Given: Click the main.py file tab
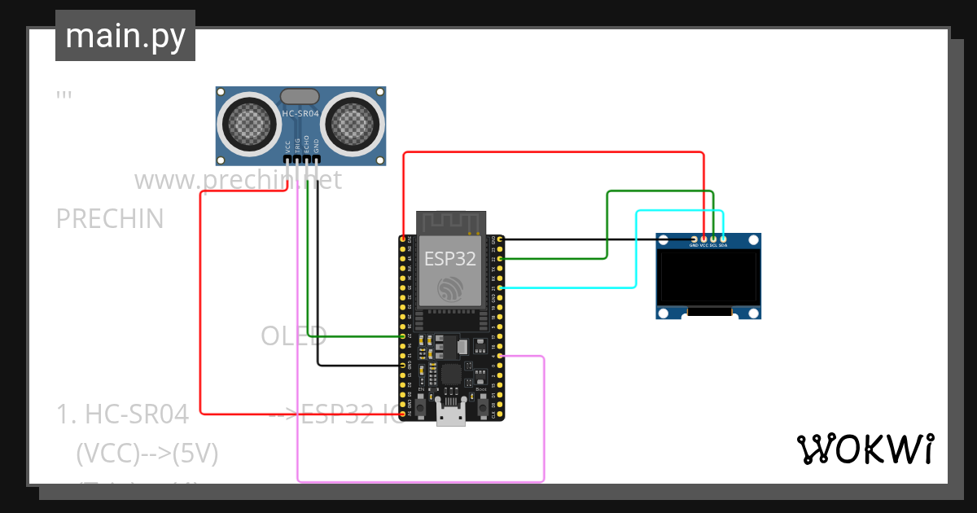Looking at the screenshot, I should (x=125, y=37).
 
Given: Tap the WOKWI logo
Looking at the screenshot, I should (x=865, y=449).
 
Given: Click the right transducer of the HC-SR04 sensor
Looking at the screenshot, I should (x=353, y=123).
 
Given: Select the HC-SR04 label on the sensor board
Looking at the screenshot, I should (x=300, y=114).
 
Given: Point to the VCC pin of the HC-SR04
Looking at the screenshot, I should (x=287, y=159).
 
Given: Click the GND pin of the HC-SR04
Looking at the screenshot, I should (x=317, y=159).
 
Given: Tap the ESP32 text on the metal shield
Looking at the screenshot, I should (x=450, y=259).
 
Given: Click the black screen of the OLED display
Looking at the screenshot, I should (x=709, y=277).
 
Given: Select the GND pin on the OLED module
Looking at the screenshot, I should (x=694, y=239).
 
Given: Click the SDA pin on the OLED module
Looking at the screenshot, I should (x=723, y=239).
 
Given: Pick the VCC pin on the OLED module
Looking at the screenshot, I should (x=703, y=239).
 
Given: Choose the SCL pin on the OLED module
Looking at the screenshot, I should (x=713, y=239).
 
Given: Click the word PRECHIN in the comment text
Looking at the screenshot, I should (x=110, y=219).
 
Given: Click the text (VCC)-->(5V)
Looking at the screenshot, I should (x=147, y=454).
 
